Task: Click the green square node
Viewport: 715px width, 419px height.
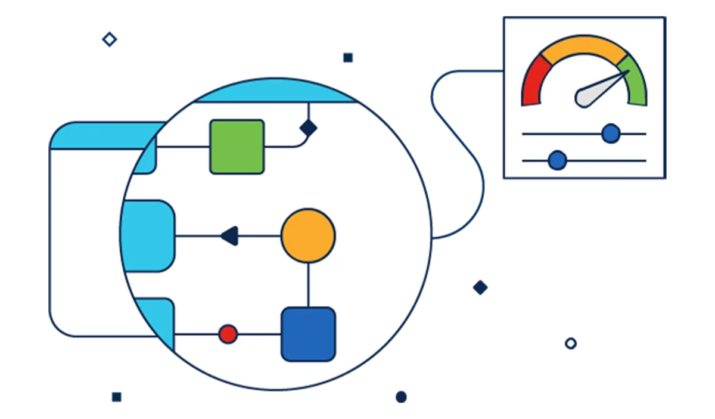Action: (237, 147)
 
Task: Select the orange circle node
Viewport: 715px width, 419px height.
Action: (308, 235)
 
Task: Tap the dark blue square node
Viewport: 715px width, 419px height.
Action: (308, 334)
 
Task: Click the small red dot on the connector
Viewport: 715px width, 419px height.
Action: (228, 334)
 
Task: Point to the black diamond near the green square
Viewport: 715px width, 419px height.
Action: (308, 127)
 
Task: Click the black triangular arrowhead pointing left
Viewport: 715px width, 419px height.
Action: (229, 236)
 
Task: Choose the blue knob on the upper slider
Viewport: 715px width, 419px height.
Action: (611, 134)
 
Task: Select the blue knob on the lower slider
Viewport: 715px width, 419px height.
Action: (557, 160)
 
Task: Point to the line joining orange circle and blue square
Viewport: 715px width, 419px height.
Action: (308, 285)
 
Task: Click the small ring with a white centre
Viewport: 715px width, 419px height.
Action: (571, 343)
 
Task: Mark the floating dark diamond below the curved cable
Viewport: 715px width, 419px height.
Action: (480, 287)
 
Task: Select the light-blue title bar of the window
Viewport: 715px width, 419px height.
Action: (101, 137)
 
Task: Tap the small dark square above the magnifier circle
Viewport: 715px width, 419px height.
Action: (347, 57)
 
